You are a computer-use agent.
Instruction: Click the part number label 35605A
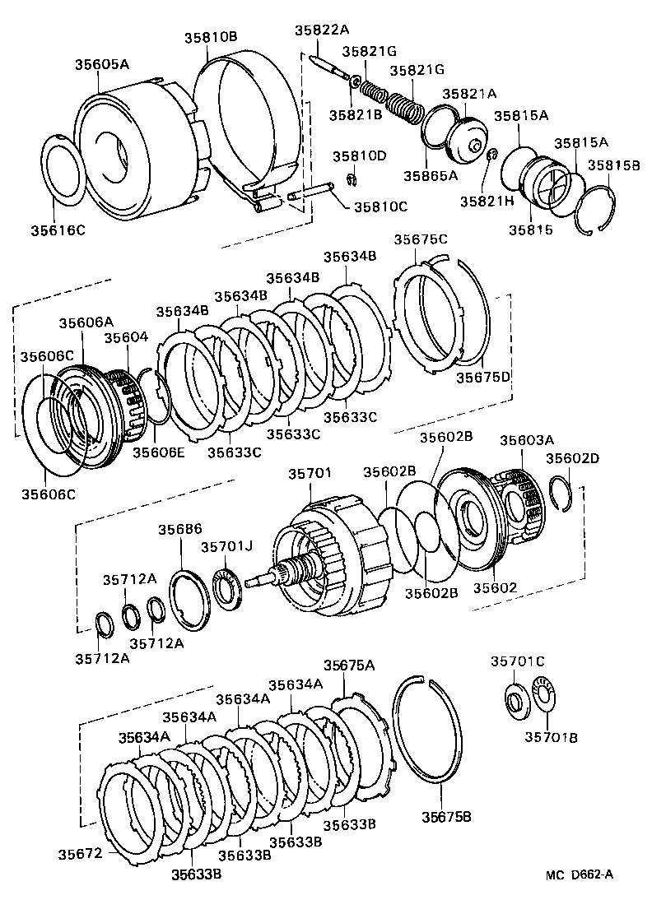[102, 63]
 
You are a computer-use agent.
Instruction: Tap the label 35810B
[210, 37]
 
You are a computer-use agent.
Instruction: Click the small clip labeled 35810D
[351, 180]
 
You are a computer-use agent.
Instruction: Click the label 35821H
[487, 200]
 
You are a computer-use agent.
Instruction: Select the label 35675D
[483, 378]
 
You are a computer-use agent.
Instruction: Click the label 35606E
[160, 451]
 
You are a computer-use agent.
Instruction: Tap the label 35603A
[527, 440]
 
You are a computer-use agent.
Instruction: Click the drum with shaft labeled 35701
[329, 559]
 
